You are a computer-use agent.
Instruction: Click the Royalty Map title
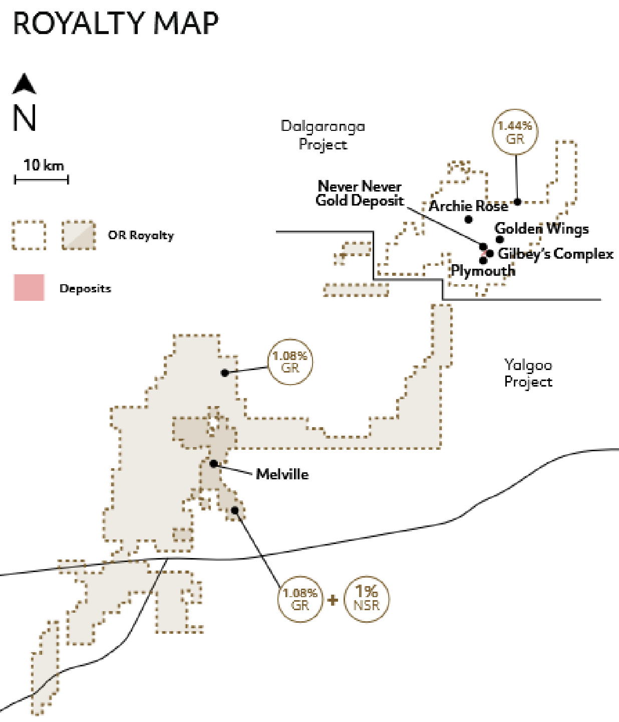116,23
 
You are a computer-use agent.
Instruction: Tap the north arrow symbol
24,84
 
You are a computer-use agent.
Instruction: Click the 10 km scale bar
42,180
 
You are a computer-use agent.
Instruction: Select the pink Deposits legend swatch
29,287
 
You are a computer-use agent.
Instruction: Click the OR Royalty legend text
141,236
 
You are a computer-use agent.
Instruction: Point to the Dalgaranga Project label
323,135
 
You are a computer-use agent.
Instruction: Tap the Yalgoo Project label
528,373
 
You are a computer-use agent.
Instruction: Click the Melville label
282,474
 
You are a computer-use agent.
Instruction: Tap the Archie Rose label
468,206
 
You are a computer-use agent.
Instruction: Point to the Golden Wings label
541,229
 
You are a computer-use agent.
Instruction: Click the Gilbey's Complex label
555,254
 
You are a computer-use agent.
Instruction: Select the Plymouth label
483,271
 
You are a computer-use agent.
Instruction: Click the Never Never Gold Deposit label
360,193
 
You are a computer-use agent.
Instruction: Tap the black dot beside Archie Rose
469,220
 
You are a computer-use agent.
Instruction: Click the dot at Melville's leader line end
213,463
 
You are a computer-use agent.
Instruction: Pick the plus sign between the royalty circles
333,600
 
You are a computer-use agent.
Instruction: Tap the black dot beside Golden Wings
500,239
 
